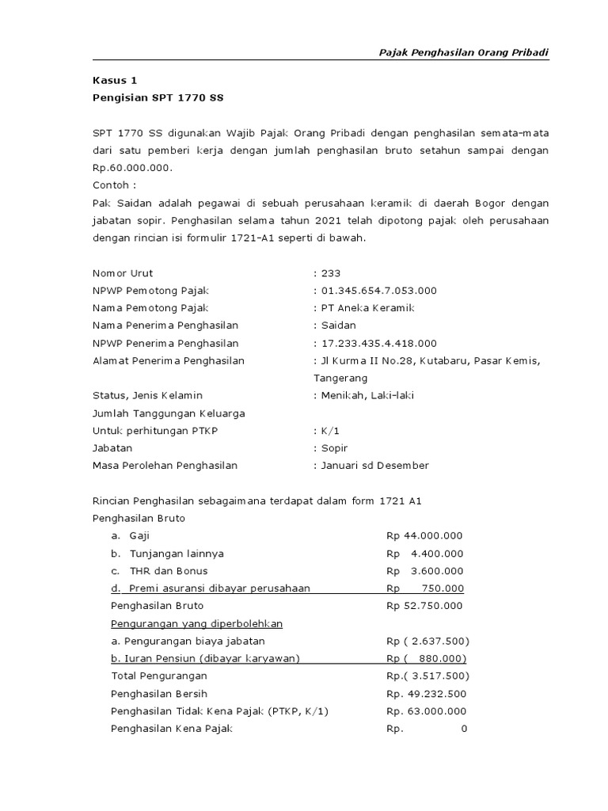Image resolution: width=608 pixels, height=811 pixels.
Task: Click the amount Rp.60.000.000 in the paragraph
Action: click(131, 169)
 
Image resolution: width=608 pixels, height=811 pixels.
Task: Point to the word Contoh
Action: click(113, 185)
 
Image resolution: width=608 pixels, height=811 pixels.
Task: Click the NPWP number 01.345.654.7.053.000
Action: click(378, 291)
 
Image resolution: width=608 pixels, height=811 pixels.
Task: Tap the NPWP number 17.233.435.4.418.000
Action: click(378, 343)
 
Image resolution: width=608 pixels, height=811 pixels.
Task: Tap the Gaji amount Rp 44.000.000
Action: click(424, 536)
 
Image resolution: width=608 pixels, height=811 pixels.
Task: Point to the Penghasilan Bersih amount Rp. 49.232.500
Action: click(426, 693)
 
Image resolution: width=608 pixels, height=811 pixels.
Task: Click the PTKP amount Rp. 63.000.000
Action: click(426, 710)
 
